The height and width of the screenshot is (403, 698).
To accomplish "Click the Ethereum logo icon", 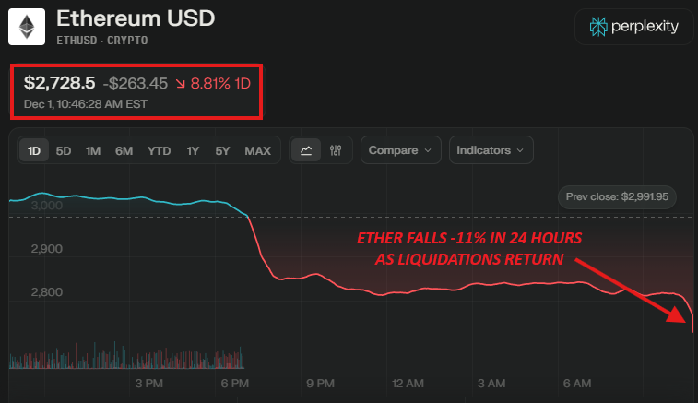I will click(28, 27).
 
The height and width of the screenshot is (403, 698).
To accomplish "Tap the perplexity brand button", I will click(633, 27).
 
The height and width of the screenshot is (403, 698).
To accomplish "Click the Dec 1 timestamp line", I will click(86, 103).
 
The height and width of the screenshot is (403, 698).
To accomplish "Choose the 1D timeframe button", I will click(34, 150).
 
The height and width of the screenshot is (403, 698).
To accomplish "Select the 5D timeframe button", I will click(64, 150).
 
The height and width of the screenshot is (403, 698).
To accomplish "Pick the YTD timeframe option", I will click(159, 150).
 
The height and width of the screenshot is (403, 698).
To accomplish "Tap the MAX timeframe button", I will click(257, 150).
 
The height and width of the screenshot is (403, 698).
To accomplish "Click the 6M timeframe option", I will click(124, 150).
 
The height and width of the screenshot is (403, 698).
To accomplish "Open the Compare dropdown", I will click(400, 150).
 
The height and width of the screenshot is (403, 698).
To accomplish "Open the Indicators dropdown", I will click(491, 150).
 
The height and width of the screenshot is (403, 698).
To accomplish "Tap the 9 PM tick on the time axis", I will click(319, 383).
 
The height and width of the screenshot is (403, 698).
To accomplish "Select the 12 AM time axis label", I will click(407, 383).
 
